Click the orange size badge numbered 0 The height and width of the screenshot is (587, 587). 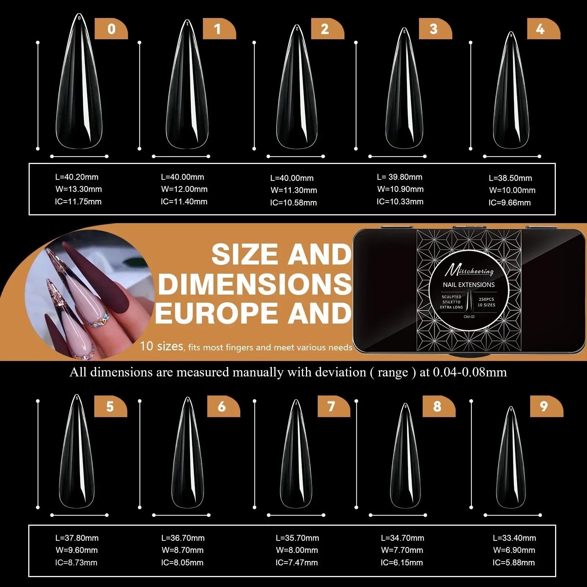111,29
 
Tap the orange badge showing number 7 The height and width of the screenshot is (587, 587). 332,406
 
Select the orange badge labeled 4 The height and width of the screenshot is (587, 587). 541,29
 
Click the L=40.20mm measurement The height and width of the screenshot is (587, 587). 77,177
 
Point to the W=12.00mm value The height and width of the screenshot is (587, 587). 184,189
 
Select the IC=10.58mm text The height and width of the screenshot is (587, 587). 293,203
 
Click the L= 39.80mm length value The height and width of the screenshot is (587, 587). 400,177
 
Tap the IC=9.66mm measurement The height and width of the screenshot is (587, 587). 509,203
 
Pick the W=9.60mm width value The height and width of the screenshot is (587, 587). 77,550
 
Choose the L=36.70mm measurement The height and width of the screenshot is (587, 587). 183,538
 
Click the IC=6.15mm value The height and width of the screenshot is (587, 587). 402,562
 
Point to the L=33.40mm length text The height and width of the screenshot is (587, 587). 514,538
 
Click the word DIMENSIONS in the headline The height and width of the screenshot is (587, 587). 255,284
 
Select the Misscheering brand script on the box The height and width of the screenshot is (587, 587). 469,271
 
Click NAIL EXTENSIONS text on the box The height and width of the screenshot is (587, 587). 468,285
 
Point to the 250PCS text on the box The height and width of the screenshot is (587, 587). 486,299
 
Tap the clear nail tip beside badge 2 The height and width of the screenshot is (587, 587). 296,92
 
